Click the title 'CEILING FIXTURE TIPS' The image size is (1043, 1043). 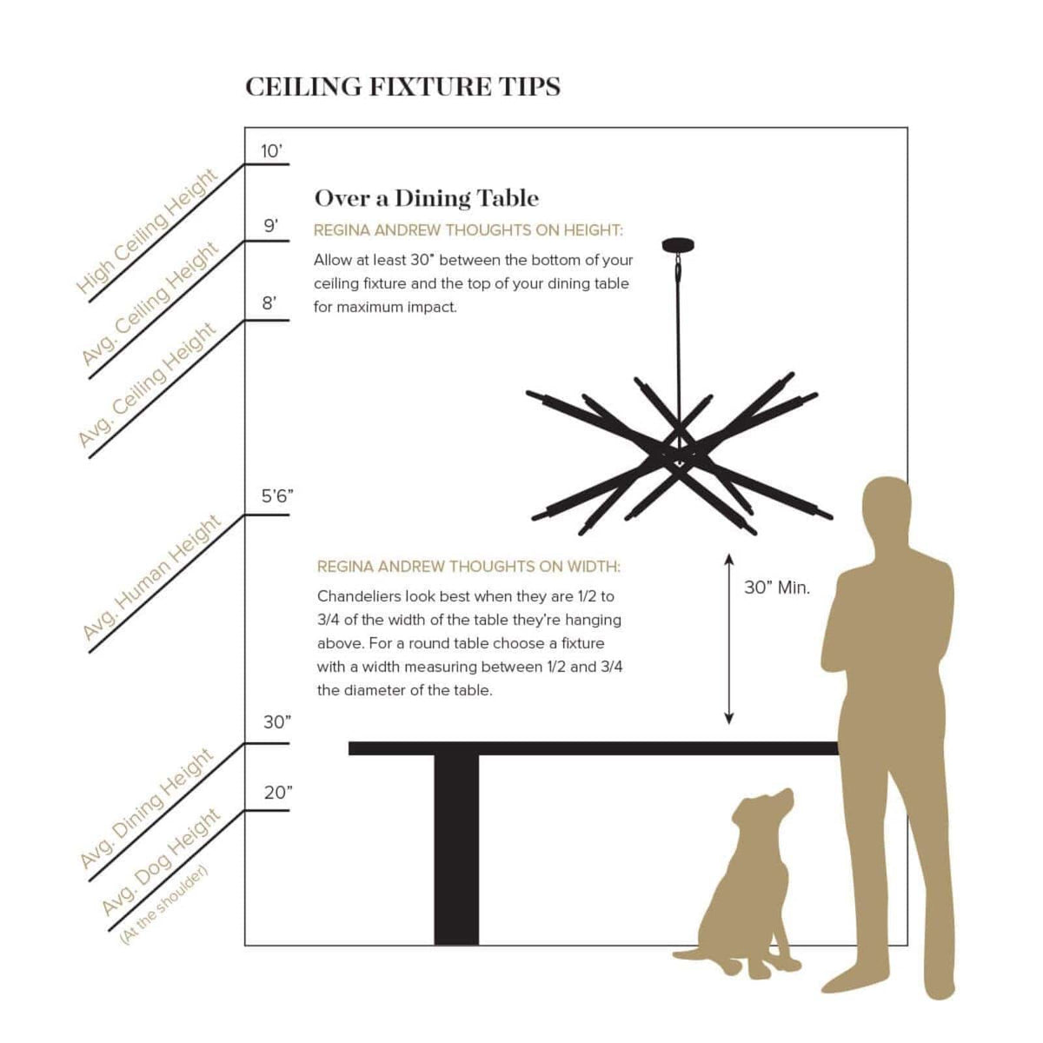[402, 87]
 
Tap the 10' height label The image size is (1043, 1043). [272, 151]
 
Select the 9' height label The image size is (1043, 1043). [270, 226]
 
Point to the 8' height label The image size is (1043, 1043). [269, 303]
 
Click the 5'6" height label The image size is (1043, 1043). [277, 495]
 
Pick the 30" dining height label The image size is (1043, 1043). [277, 722]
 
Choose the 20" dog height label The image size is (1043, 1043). [278, 793]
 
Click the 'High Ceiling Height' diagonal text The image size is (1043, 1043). [147, 232]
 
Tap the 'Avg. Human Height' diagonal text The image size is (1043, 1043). [151, 577]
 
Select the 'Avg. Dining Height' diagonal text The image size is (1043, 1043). [147, 808]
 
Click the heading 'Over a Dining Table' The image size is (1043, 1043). [427, 199]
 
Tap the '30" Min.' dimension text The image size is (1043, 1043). [777, 588]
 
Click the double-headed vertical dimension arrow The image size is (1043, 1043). [729, 639]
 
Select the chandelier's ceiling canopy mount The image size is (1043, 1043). [678, 245]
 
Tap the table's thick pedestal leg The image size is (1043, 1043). [456, 850]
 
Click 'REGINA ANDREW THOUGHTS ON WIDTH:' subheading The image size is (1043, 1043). [468, 567]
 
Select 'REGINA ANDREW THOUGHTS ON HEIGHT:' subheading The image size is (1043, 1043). [468, 230]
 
